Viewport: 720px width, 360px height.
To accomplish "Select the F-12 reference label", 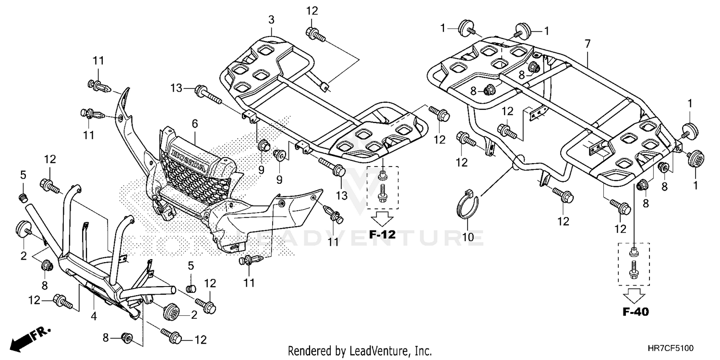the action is coord(382,235).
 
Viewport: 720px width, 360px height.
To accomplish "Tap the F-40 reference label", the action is coord(636,312).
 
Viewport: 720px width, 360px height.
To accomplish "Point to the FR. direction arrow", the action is coord(30,339).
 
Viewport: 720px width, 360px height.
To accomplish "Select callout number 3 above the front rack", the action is coord(271,20).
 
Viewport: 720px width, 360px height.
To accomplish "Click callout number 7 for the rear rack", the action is coord(588,44).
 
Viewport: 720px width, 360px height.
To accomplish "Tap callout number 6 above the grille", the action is coord(195,123).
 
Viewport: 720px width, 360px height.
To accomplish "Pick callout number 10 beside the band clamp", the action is coord(468,237).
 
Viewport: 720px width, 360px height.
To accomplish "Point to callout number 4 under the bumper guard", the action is coord(94,316).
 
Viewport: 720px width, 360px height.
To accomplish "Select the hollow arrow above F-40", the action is coord(634,296).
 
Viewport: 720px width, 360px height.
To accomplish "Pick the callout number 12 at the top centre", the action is coord(312,11).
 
